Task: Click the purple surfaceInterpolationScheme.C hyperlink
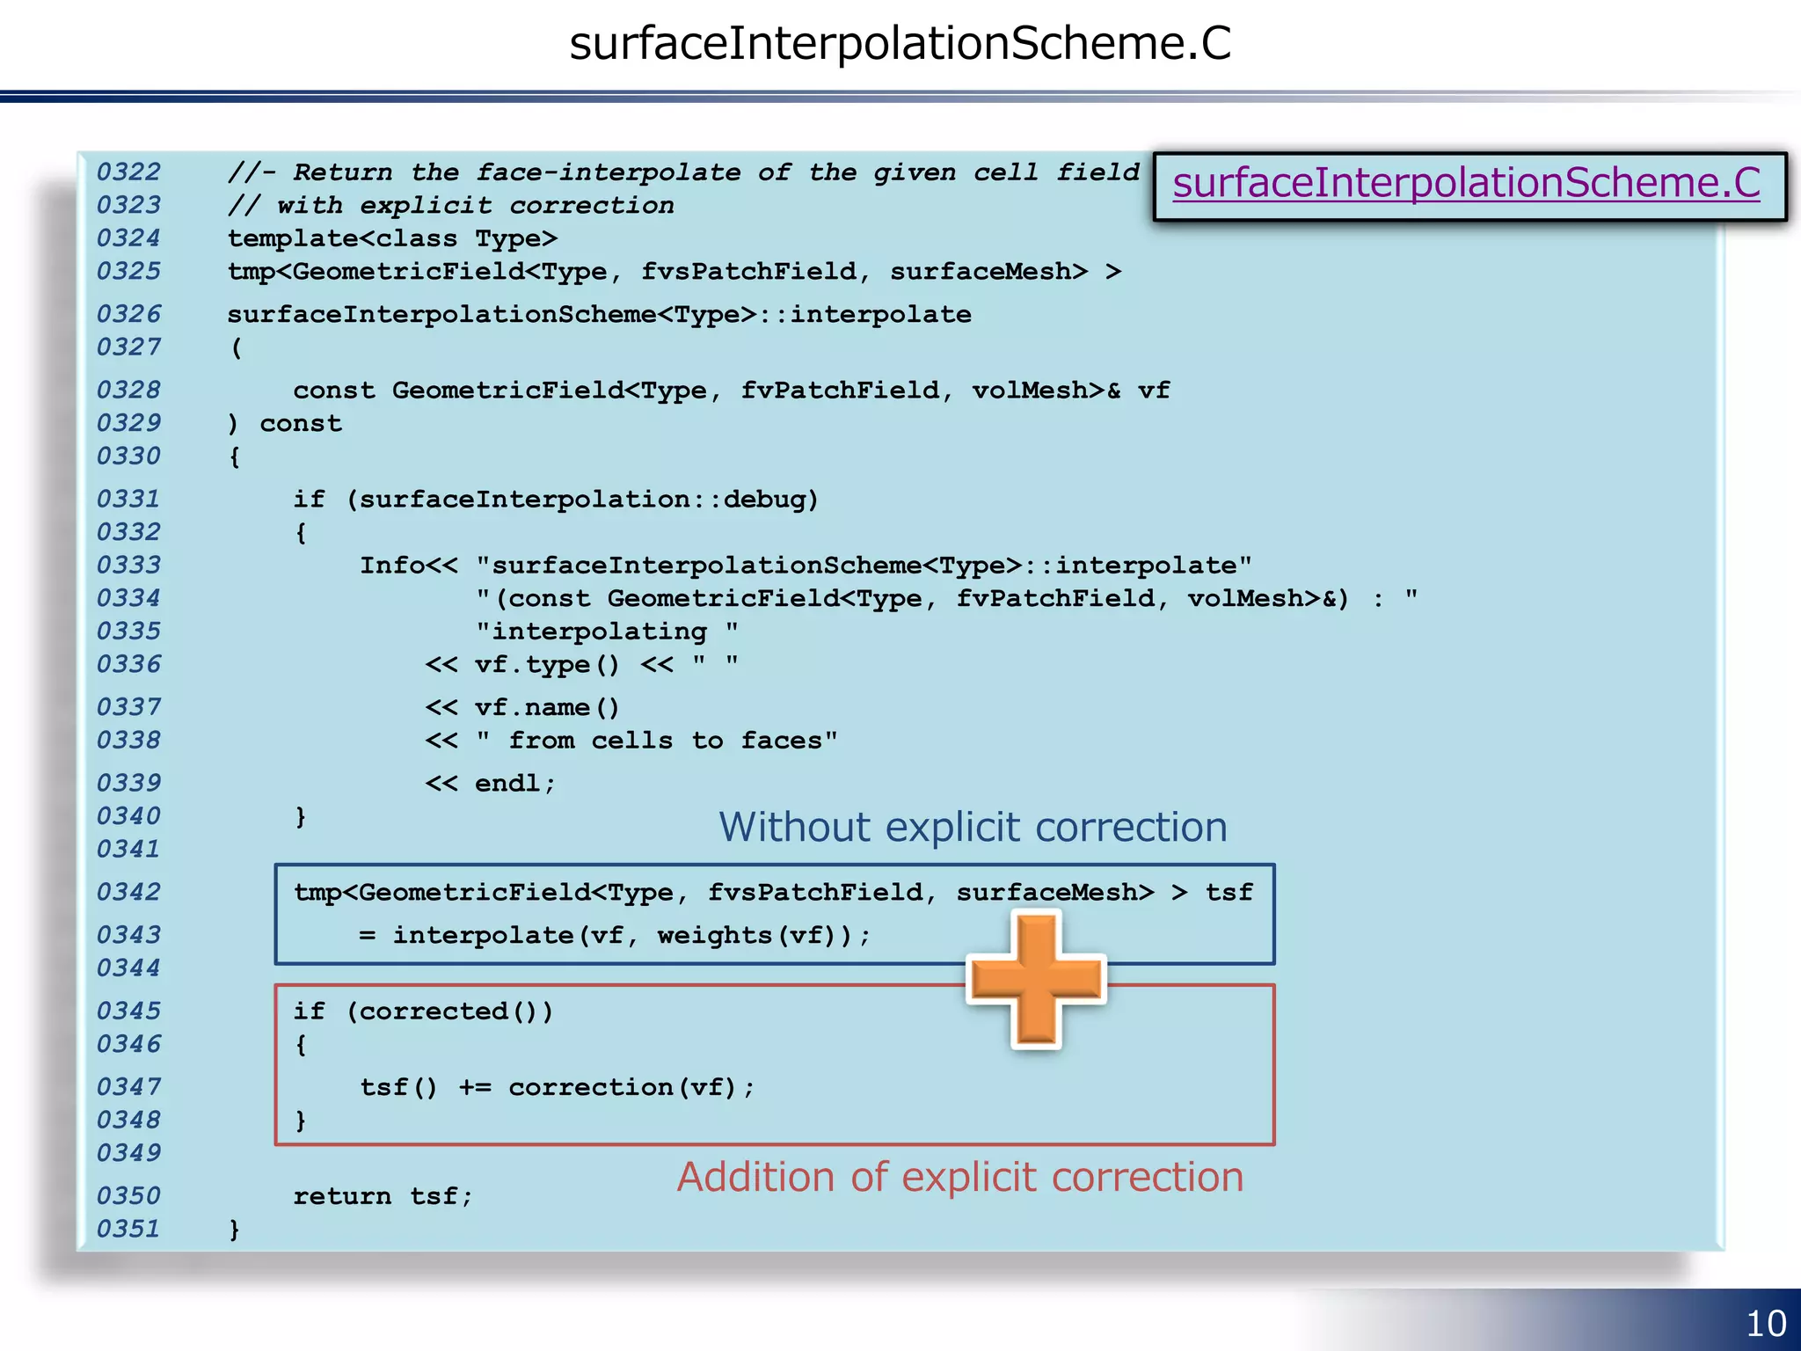pos(1466,183)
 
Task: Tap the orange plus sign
pos(1036,979)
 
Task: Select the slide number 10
pos(1765,1323)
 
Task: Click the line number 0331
pos(128,499)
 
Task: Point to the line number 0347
pos(128,1086)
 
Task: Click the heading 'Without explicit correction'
pos(973,828)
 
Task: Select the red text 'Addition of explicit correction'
pos(960,1177)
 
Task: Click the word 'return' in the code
pos(342,1196)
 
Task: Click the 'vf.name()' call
pos(547,707)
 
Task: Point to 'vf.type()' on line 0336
pos(547,664)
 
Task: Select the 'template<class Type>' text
pos(392,238)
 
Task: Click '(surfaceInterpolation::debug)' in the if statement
pos(582,500)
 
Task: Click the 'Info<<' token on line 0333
pos(408,565)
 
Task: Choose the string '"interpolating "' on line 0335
pos(607,632)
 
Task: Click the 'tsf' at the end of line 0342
pos(1229,893)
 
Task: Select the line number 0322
pos(128,172)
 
